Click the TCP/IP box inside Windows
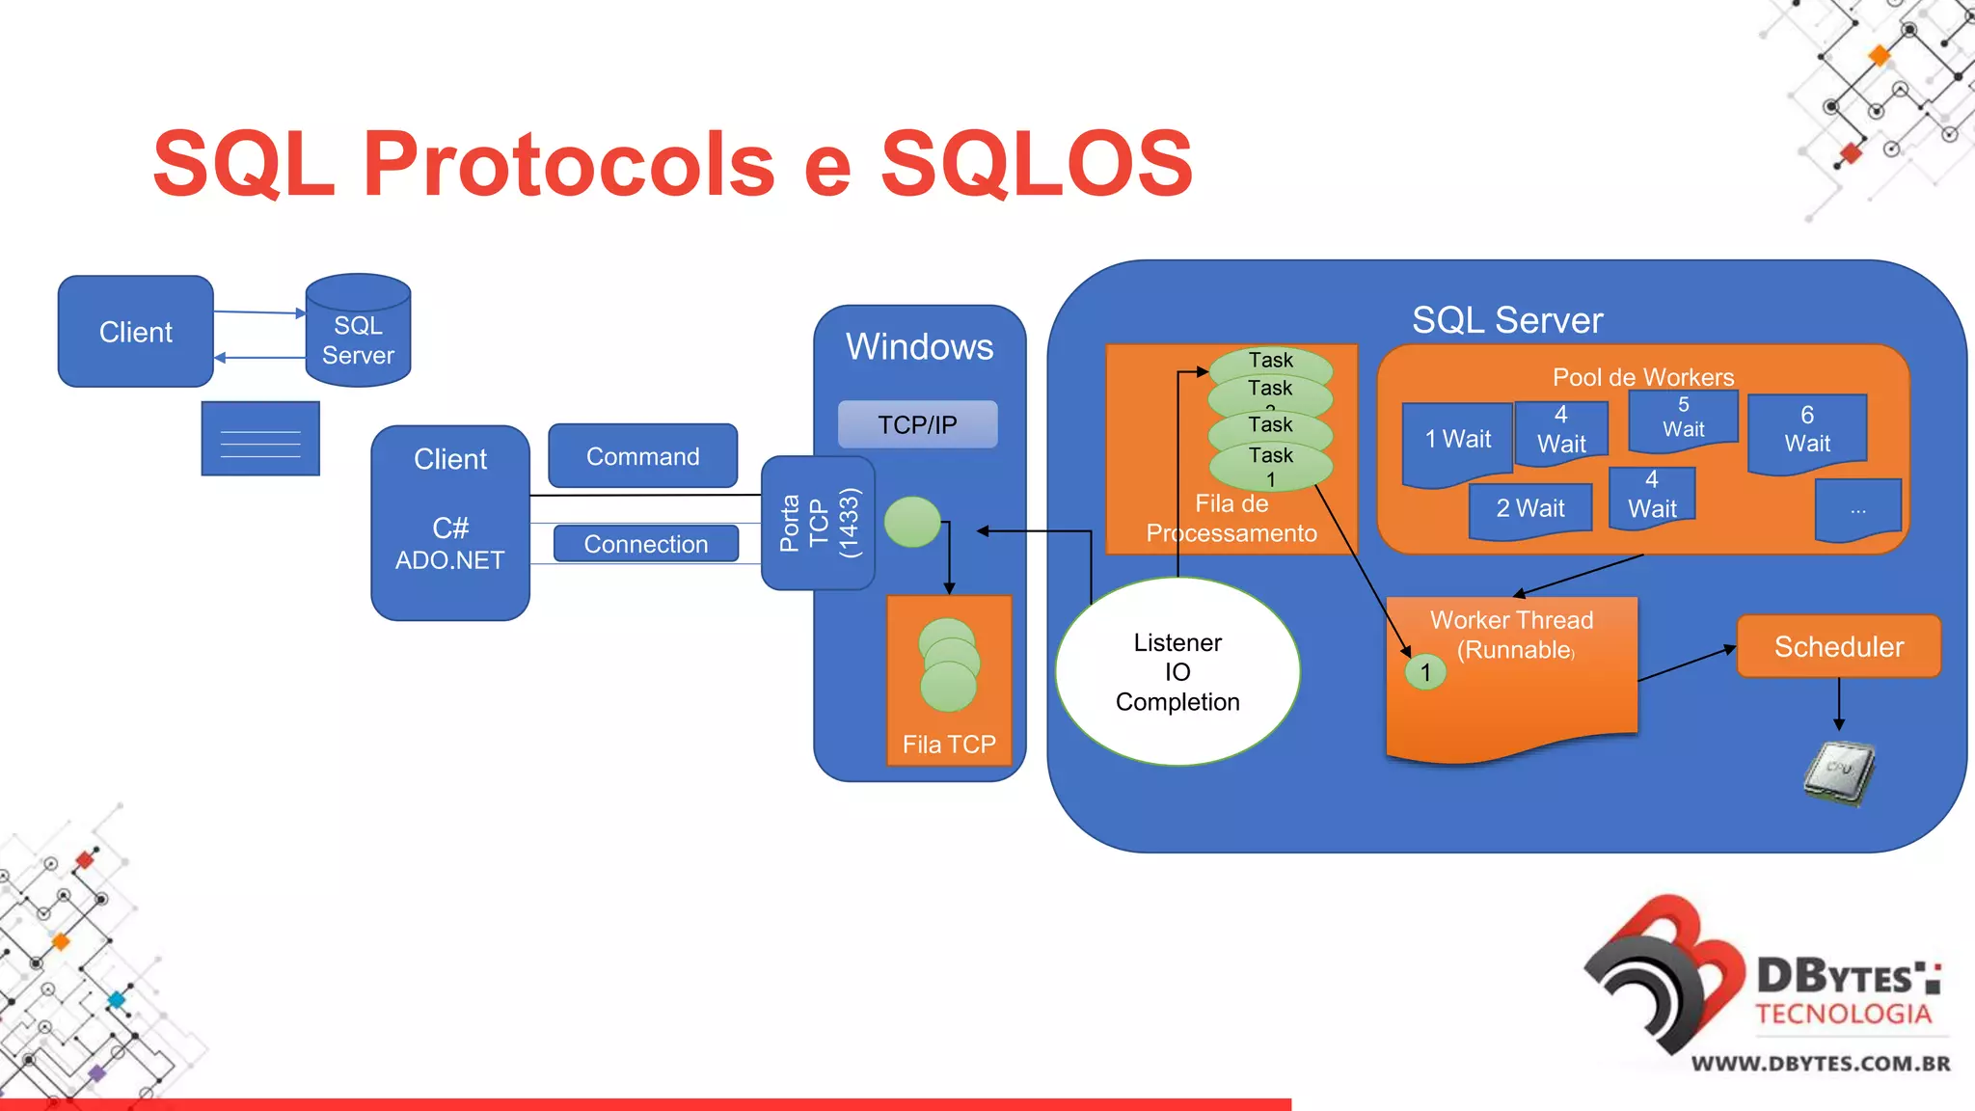pos(917,424)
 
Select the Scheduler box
pos(1838,646)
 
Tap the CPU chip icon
pos(1839,771)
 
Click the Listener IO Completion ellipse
pos(1177,672)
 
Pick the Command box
pos(642,456)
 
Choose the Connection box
pos(645,544)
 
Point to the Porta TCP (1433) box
pos(818,523)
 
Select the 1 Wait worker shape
pos(1457,441)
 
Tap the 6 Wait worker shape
pos(1807,430)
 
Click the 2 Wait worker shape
pos(1529,508)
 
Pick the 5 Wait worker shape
pos(1683,419)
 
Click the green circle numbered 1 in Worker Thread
pos(1425,672)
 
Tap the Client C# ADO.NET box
pos(450,523)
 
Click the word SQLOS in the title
pos(1037,163)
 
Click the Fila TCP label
pos(949,745)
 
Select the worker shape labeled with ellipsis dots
pos(1857,509)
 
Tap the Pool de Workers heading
pos(1642,377)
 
